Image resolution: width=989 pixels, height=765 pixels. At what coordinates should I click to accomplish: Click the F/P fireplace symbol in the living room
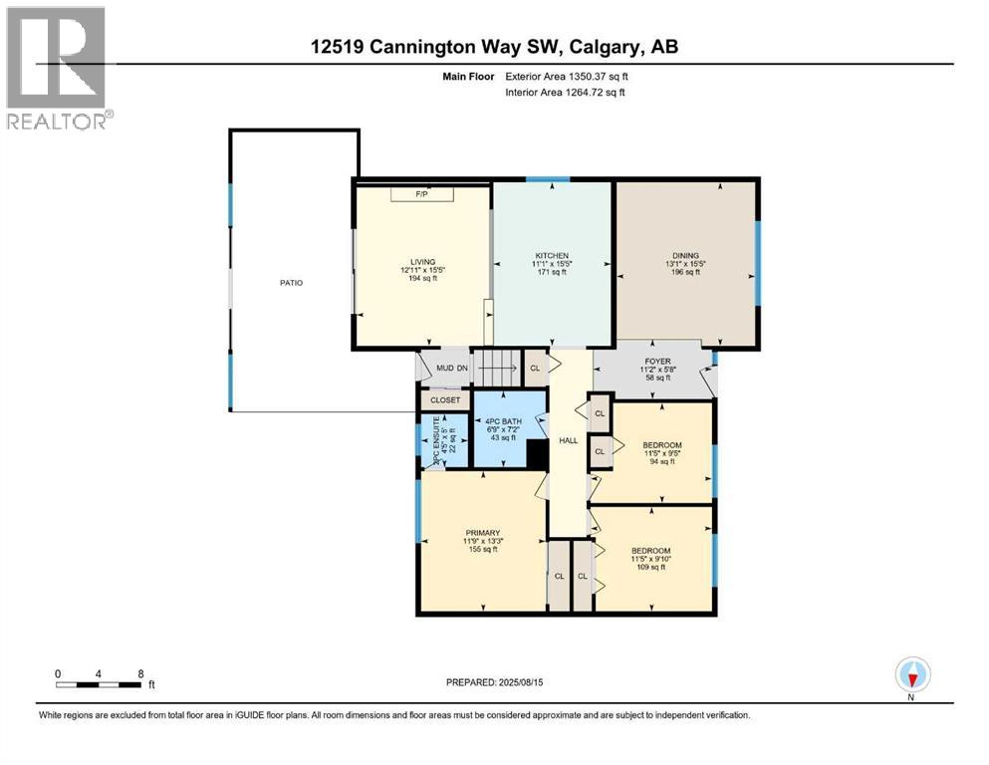(421, 194)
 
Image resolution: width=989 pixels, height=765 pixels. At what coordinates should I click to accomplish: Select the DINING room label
(685, 256)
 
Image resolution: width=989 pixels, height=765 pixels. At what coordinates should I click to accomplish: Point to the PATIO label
(291, 283)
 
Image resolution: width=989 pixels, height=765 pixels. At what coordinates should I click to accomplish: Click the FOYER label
(657, 362)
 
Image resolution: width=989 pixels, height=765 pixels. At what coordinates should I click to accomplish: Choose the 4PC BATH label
(509, 421)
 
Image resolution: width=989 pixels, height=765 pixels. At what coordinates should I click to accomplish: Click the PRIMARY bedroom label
(483, 532)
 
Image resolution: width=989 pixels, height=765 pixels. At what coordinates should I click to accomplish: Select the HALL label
(568, 439)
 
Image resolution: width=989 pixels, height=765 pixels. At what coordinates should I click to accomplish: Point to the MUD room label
(445, 369)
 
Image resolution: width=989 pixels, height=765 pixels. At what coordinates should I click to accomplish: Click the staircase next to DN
(496, 369)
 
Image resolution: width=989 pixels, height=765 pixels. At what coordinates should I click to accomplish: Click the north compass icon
(911, 676)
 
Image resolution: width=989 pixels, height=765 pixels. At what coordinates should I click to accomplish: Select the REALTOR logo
(57, 68)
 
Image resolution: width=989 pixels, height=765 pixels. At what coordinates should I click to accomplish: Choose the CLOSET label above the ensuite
(445, 400)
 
